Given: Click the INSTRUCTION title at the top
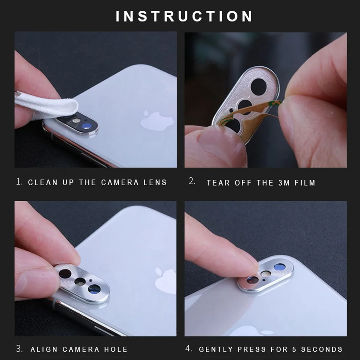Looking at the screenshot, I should (184, 16).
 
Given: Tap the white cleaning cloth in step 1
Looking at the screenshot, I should (45, 104).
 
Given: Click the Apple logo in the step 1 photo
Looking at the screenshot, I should (157, 120).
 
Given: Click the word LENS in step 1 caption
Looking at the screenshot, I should (155, 182).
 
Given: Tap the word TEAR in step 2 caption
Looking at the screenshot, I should (218, 183).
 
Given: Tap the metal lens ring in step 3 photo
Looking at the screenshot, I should (82, 282).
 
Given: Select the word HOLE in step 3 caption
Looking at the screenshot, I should (116, 349).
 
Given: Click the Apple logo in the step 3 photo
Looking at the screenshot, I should (166, 280).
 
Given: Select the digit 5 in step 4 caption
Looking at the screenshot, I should (294, 349).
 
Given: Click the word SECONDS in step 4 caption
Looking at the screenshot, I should (322, 349).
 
